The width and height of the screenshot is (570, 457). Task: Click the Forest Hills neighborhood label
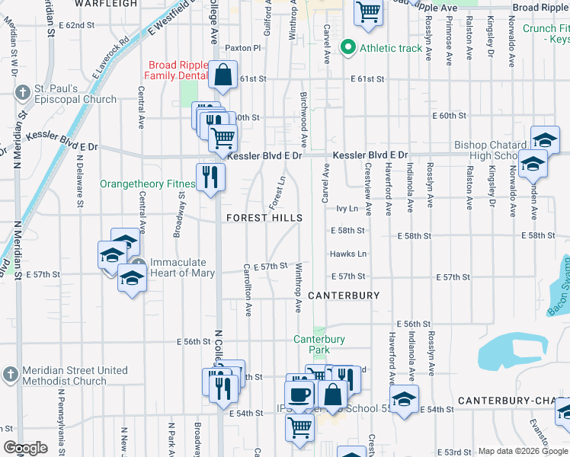264,218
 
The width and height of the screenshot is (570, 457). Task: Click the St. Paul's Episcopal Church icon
21,94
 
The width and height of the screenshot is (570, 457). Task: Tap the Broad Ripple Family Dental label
178,71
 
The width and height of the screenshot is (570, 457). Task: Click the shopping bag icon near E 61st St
222,75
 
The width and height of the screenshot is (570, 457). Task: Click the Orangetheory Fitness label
147,184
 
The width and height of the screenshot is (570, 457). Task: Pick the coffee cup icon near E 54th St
299,395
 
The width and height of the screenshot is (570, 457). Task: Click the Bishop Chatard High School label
490,150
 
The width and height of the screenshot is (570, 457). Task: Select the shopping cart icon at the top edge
368,12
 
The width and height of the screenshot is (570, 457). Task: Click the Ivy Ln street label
347,207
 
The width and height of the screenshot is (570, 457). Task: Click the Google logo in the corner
25,449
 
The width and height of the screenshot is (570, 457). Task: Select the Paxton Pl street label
243,47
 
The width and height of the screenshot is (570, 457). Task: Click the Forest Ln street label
277,193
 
